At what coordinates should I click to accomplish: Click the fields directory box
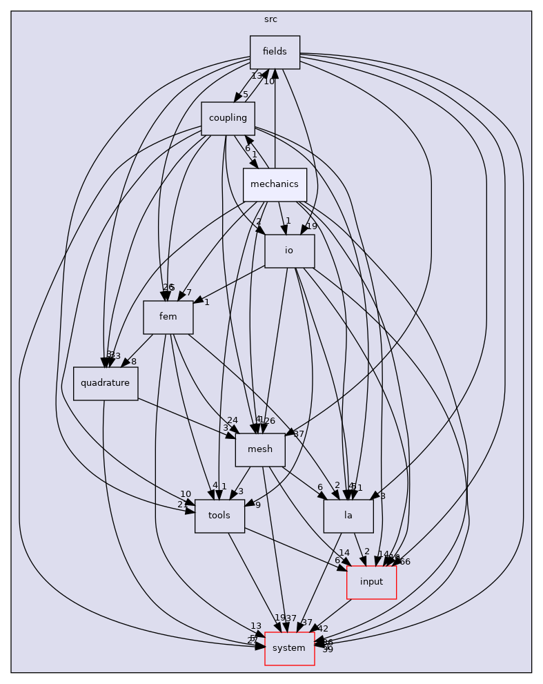[275, 52]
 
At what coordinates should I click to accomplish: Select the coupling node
[228, 118]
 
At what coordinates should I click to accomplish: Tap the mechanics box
[275, 184]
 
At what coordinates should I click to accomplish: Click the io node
[289, 251]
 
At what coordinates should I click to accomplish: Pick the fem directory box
[168, 317]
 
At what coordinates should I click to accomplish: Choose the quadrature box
[106, 383]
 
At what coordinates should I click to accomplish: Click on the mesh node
[260, 449]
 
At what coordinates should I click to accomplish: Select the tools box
[219, 516]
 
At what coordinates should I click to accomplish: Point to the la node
[348, 516]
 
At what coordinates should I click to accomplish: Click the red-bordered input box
[371, 582]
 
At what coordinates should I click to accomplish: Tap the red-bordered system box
[289, 648]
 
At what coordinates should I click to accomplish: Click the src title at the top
[270, 19]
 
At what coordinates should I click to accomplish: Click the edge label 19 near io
[312, 226]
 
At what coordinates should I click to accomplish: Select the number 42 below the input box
[323, 629]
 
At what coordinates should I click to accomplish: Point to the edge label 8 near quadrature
[134, 361]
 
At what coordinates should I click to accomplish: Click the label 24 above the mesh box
[233, 420]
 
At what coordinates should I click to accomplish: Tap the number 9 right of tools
[258, 505]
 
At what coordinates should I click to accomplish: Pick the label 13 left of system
[256, 626]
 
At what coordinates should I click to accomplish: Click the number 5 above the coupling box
[245, 95]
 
